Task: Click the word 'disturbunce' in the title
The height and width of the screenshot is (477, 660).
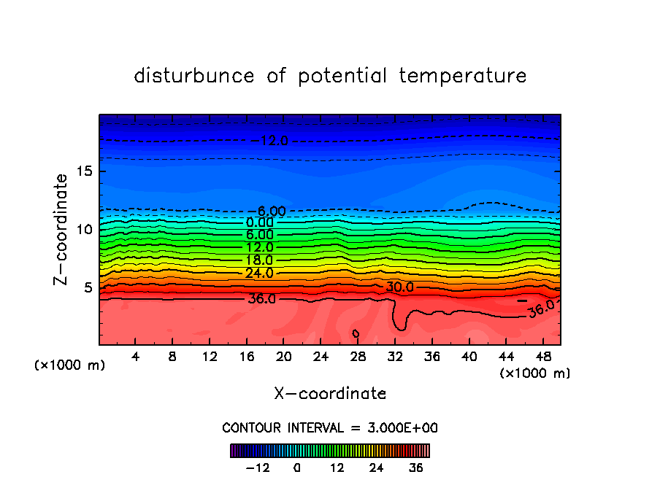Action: tap(195, 76)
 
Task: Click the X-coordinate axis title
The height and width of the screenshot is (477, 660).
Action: tap(330, 394)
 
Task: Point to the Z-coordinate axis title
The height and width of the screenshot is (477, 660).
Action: tap(61, 229)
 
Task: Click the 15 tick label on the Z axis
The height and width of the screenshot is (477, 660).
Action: tap(82, 171)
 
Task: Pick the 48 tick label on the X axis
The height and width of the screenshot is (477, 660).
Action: tap(543, 357)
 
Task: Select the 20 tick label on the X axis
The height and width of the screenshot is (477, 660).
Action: tap(284, 357)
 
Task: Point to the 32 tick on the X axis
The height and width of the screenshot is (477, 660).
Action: tap(395, 344)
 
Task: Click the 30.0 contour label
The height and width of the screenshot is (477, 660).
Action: tap(399, 287)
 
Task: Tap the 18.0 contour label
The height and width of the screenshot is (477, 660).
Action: tap(259, 260)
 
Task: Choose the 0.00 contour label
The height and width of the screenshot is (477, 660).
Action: tap(259, 222)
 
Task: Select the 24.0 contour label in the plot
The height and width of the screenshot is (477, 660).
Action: tap(259, 274)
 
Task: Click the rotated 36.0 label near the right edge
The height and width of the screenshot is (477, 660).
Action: tap(541, 309)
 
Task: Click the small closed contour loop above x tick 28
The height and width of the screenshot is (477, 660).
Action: tap(356, 333)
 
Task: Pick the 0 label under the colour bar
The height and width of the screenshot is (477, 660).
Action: tap(297, 468)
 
